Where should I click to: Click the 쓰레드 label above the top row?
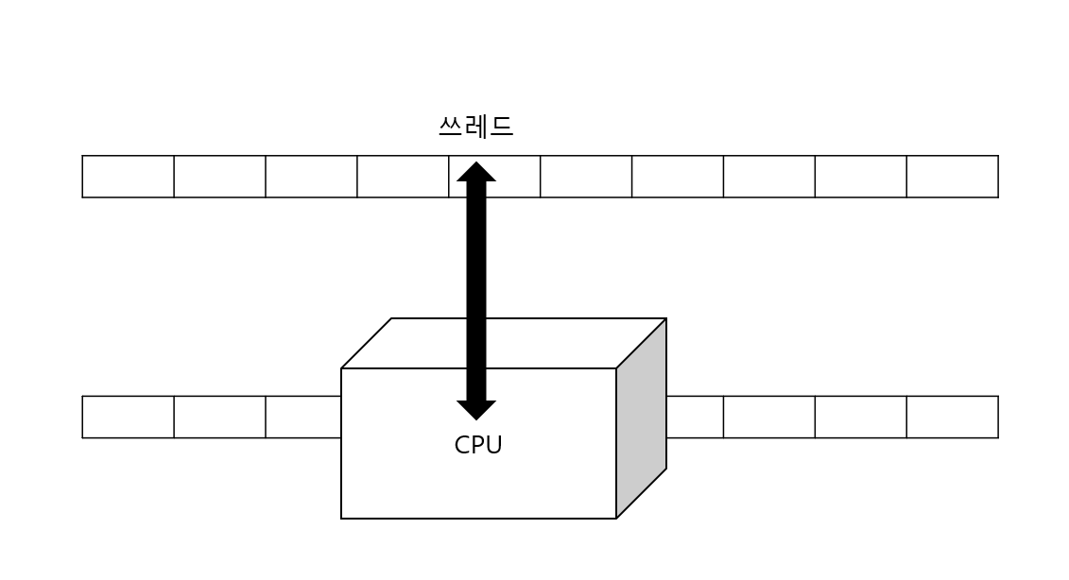[x=475, y=127]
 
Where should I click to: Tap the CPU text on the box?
[x=477, y=445]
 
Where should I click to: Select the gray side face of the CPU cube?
[x=642, y=418]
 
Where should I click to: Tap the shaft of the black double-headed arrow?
[x=476, y=283]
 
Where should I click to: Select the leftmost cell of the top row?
[x=128, y=177]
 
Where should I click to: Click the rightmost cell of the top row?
[x=952, y=177]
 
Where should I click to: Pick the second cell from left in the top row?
[x=219, y=177]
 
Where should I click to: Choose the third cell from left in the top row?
[x=311, y=177]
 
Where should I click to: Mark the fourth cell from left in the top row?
[x=403, y=177]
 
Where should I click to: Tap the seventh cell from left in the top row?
[x=678, y=177]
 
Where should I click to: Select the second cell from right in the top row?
[x=860, y=177]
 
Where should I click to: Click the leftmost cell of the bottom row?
[x=128, y=417]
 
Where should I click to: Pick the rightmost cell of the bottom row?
[x=952, y=417]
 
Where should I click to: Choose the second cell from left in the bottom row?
[x=219, y=417]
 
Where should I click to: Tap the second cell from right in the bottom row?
[x=860, y=417]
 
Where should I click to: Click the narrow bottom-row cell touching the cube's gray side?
[x=695, y=417]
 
